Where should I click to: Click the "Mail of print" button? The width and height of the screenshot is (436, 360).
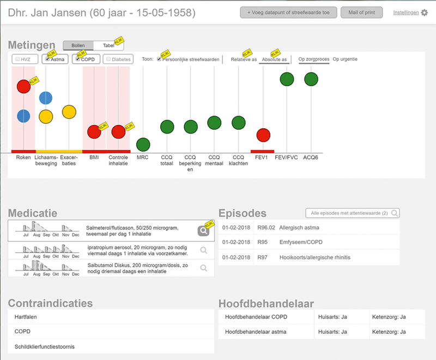pos(361,12)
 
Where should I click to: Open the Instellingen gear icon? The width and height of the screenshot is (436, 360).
pos(425,13)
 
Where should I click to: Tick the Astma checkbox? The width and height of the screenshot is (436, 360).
pos(48,59)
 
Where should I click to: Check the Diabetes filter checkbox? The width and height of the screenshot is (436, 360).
pos(109,59)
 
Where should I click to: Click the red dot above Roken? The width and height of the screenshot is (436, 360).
pos(23,86)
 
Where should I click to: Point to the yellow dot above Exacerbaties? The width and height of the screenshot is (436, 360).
pos(69,112)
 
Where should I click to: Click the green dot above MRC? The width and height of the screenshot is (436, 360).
pos(143,145)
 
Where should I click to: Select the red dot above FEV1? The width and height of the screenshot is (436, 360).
pos(263,135)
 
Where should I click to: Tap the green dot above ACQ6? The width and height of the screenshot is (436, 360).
pos(311,79)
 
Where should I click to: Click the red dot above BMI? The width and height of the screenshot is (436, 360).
pos(94,131)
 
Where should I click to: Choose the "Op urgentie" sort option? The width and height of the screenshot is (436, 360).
pos(345,59)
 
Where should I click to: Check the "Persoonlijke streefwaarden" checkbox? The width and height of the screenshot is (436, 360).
pos(159,59)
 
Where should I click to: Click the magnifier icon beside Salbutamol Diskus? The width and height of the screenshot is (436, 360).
pos(204,267)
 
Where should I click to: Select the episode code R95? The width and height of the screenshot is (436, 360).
pos(262,242)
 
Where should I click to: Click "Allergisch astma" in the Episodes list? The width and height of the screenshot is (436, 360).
pos(299,227)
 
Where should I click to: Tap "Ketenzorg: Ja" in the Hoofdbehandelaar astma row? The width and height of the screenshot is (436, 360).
pos(389,332)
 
